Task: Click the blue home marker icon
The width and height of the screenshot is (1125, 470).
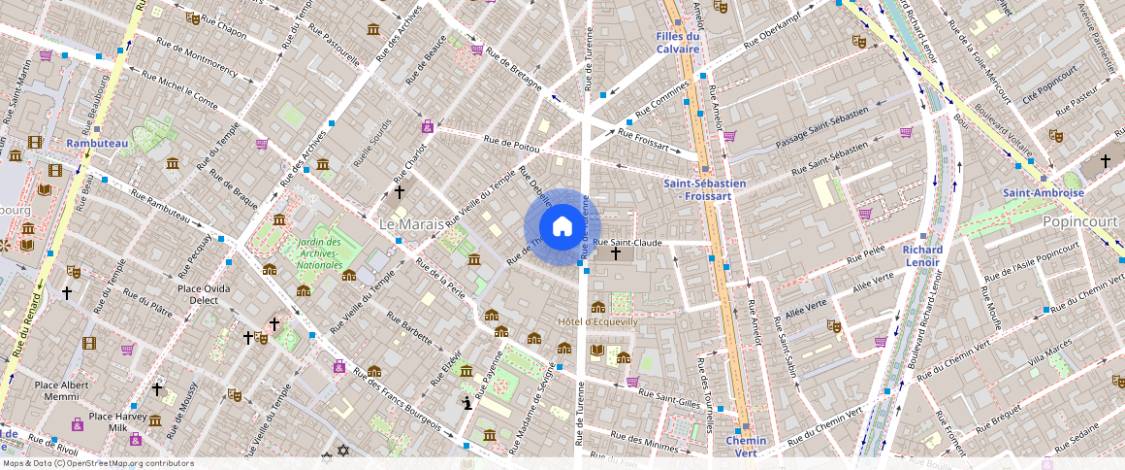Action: (562, 227)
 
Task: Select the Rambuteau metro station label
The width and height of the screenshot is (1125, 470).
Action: (97, 144)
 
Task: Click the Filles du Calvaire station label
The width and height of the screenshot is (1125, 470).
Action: (677, 43)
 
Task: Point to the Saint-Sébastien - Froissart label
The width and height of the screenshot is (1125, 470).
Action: (704, 189)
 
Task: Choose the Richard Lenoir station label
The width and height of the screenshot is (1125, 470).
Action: (921, 256)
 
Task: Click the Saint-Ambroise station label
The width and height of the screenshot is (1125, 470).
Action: (1044, 193)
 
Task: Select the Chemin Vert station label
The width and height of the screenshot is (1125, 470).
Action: (746, 447)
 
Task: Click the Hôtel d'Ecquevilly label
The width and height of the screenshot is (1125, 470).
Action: (597, 321)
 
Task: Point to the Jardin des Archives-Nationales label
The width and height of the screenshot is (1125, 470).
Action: (319, 253)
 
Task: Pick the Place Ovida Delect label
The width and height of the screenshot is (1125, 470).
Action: (204, 294)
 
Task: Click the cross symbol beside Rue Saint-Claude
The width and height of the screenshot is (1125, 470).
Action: (616, 254)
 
